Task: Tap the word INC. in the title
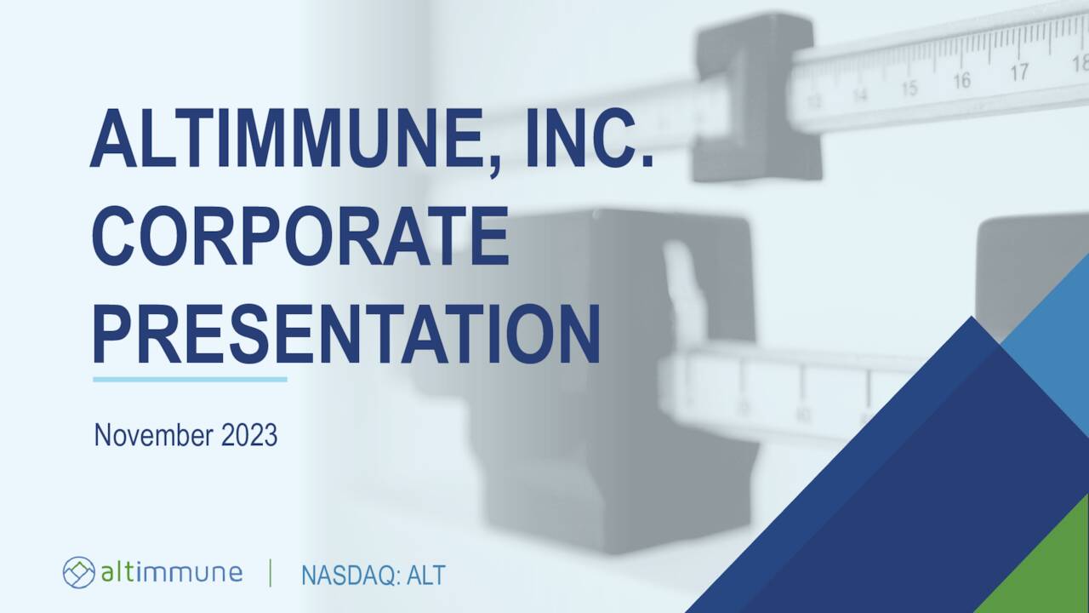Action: point(590,140)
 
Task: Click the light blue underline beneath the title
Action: point(190,379)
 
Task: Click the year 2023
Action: point(249,435)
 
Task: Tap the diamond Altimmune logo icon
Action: point(78,572)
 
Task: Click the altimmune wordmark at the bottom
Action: point(171,572)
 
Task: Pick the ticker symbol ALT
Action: point(425,576)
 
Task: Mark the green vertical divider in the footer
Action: point(271,573)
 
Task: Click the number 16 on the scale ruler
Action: point(961,81)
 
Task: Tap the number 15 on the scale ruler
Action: point(909,88)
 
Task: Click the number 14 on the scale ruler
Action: point(860,95)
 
